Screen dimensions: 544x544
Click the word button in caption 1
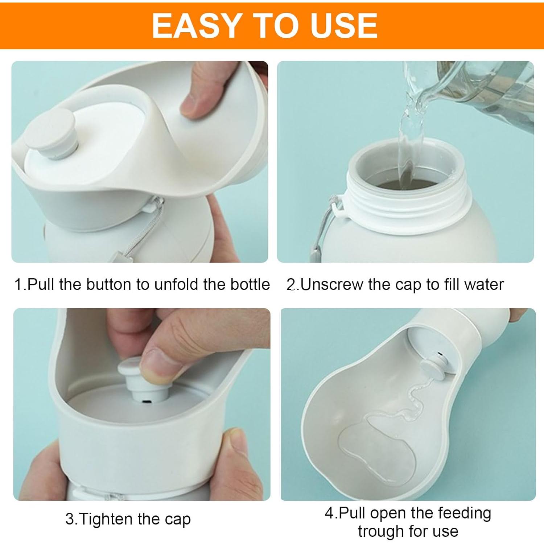[109, 285]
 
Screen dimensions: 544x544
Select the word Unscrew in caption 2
[331, 285]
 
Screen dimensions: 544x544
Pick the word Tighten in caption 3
[106, 519]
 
